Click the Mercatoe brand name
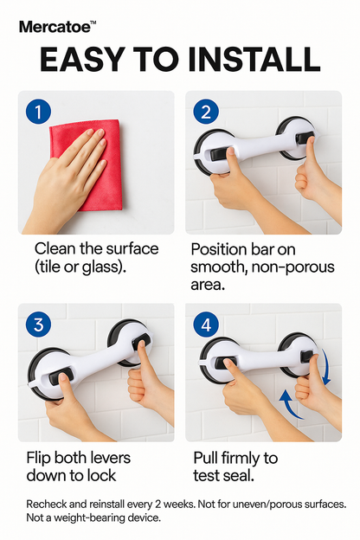54,28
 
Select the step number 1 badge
38,111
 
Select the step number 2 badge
205,111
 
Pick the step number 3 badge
38,325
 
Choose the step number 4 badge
205,325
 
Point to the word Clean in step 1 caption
55,248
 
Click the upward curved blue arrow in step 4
292,406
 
